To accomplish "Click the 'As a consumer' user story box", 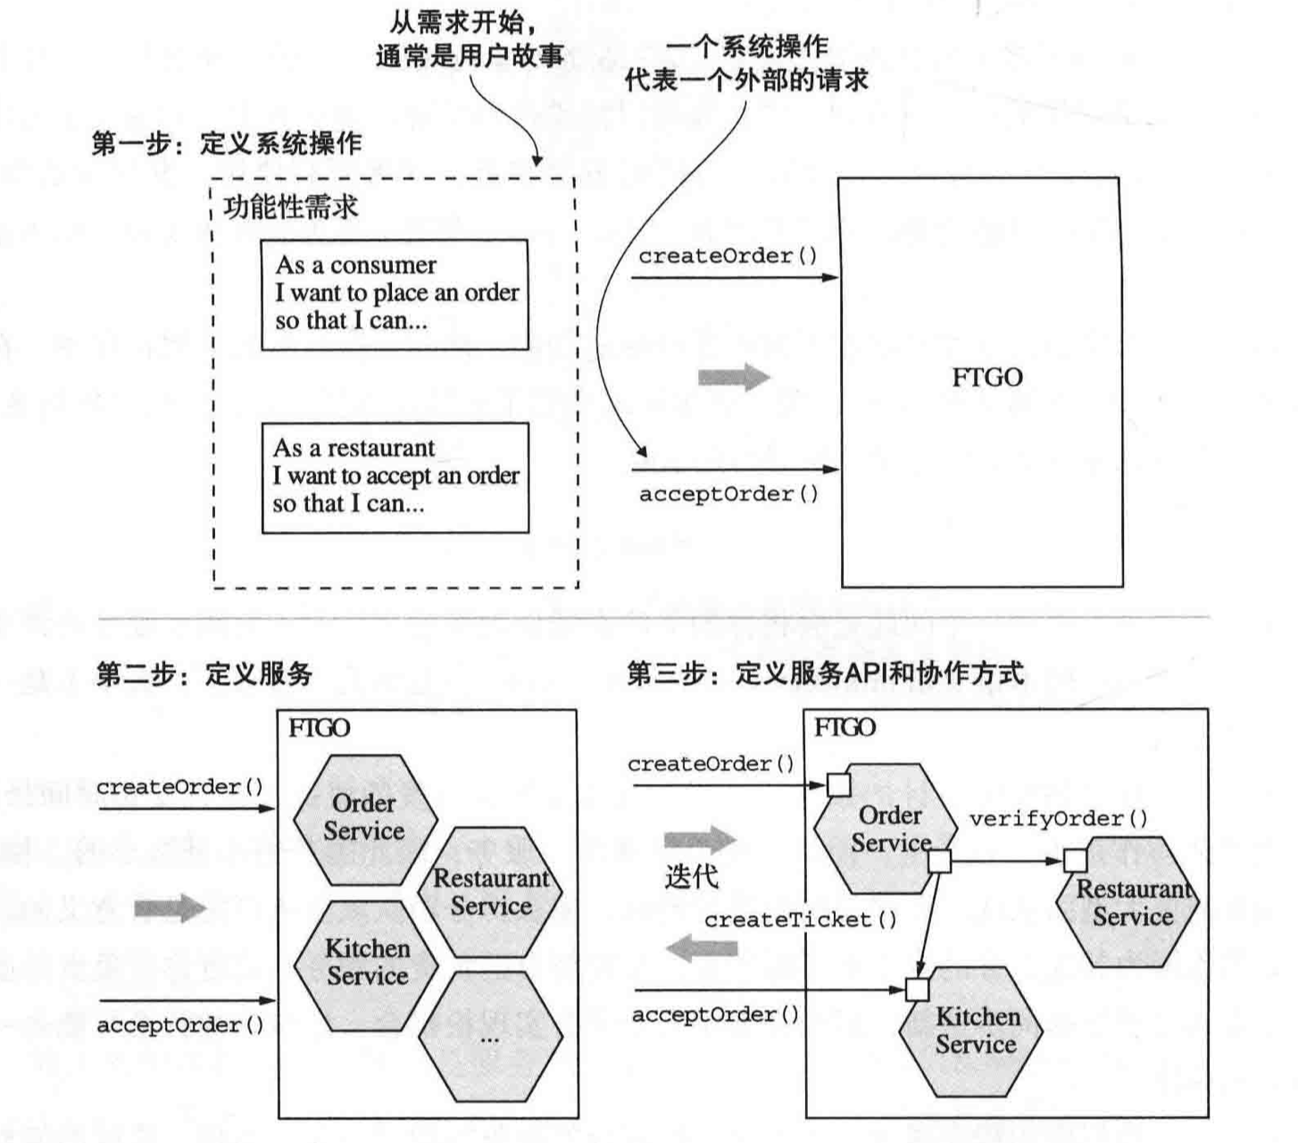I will point(395,294).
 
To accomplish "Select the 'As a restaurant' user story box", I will point(395,477).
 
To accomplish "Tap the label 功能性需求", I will point(291,208).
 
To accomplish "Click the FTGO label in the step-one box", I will point(986,378).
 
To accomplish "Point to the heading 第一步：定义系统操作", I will point(227,143).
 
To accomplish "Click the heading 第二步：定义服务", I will point(204,673).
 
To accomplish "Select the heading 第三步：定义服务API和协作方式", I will point(825,673).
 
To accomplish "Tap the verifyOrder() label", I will point(1059,819).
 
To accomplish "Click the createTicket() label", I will point(800,920).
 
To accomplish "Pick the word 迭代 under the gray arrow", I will point(691,877).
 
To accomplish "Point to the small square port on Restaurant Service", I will point(1076,861).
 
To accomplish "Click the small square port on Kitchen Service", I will point(917,989).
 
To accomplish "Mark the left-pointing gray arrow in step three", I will point(703,947).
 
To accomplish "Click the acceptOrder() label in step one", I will point(728,494).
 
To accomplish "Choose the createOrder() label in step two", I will point(180,787).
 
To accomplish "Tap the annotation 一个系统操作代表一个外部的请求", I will point(746,63).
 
